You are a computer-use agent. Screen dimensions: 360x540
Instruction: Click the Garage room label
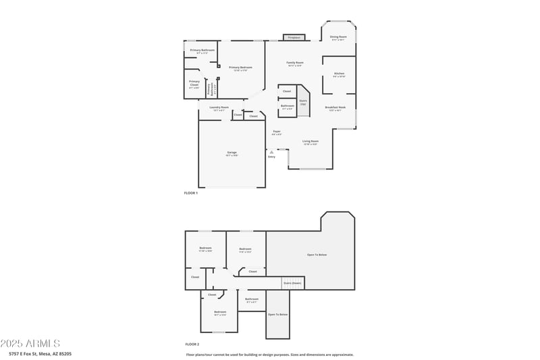[232, 154]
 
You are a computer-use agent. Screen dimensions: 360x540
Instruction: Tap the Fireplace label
[294, 38]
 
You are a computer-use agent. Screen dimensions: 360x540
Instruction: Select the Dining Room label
[338, 37]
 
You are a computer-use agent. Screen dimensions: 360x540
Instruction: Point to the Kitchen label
[339, 74]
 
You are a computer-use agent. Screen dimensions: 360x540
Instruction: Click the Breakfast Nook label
[335, 108]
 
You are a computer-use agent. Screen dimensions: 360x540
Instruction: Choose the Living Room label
[310, 142]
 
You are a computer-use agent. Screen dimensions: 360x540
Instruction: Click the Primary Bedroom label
[240, 68]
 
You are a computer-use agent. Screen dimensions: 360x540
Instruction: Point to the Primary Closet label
[194, 83]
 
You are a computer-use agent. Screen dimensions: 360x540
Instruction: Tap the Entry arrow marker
[271, 153]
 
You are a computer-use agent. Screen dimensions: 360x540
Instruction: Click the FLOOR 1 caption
[191, 193]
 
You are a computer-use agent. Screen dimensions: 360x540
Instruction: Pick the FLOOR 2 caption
[192, 344]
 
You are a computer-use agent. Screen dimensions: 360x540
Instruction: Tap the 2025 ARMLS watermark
[30, 344]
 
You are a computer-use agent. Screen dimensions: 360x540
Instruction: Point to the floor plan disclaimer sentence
[269, 355]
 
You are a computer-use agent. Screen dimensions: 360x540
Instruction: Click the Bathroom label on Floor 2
[252, 300]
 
